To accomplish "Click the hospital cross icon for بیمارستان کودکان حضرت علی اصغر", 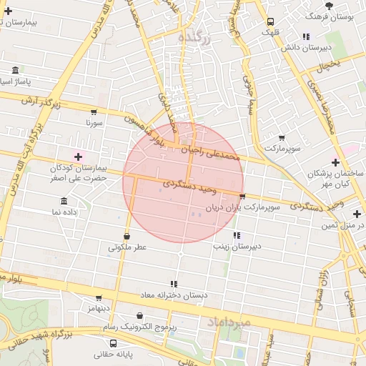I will (78, 156).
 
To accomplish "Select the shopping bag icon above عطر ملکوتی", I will (127, 236).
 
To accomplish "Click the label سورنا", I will (94, 123).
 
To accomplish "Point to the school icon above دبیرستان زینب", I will (236, 235).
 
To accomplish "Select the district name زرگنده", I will (194, 38).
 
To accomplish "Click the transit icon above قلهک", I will (270, 21).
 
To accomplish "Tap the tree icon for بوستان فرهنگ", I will (328, 5).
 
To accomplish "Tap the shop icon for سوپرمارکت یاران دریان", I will (242, 197).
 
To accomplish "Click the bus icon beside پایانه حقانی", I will (93, 344).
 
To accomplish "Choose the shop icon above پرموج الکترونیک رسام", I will (140, 315).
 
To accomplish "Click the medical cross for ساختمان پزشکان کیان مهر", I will (335, 163).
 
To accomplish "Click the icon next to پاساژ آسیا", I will (16, 71).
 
